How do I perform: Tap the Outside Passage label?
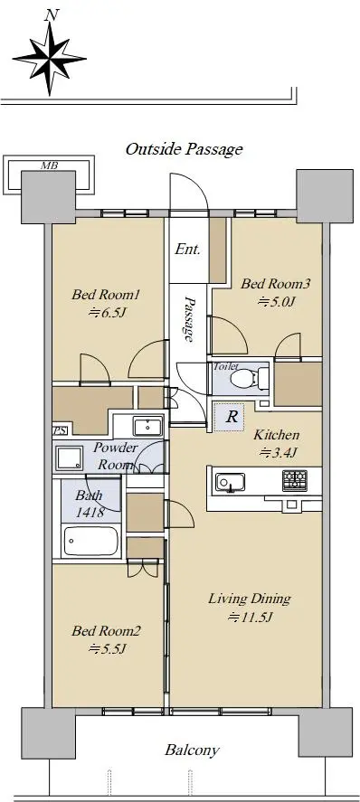[185, 149]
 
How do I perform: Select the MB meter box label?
[49, 165]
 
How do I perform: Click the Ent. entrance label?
[187, 250]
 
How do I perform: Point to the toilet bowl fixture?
[245, 380]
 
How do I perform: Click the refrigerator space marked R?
[232, 417]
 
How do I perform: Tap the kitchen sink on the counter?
[230, 482]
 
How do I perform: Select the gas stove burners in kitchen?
[295, 481]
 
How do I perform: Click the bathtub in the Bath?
[90, 541]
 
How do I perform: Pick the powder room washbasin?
[147, 426]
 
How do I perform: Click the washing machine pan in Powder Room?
[70, 458]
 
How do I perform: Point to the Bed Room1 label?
[106, 295]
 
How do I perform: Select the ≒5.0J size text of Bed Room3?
[276, 302]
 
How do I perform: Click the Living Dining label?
[250, 599]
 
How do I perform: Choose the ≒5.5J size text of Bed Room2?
[107, 648]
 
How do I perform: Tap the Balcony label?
[192, 750]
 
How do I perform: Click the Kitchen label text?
[277, 435]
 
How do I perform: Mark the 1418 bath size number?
[90, 512]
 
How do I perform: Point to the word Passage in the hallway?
[189, 318]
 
